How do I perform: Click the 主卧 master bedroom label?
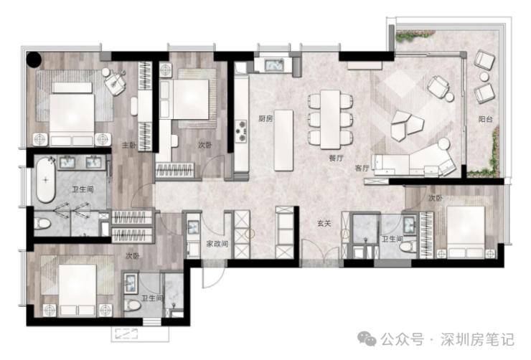(x=128, y=145)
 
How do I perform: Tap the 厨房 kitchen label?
(x=265, y=118)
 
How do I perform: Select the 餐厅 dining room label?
(x=337, y=158)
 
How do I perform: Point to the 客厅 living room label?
(x=362, y=168)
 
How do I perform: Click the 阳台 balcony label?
(x=485, y=119)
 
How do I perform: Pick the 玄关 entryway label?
(x=324, y=224)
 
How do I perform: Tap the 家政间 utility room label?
(x=217, y=244)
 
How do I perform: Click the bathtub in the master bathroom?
(x=46, y=180)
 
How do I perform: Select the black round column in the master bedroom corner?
(x=34, y=60)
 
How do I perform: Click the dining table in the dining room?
(x=330, y=120)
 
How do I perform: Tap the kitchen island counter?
(x=283, y=140)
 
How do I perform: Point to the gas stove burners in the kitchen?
(x=241, y=131)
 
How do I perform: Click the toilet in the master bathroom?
(x=42, y=223)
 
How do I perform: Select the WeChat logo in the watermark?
(x=367, y=338)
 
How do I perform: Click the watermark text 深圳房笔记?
(x=477, y=339)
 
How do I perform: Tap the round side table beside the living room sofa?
(x=443, y=145)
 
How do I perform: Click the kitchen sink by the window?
(x=273, y=65)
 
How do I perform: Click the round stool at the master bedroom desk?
(x=106, y=72)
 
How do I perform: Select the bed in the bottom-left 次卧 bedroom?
(x=78, y=290)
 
